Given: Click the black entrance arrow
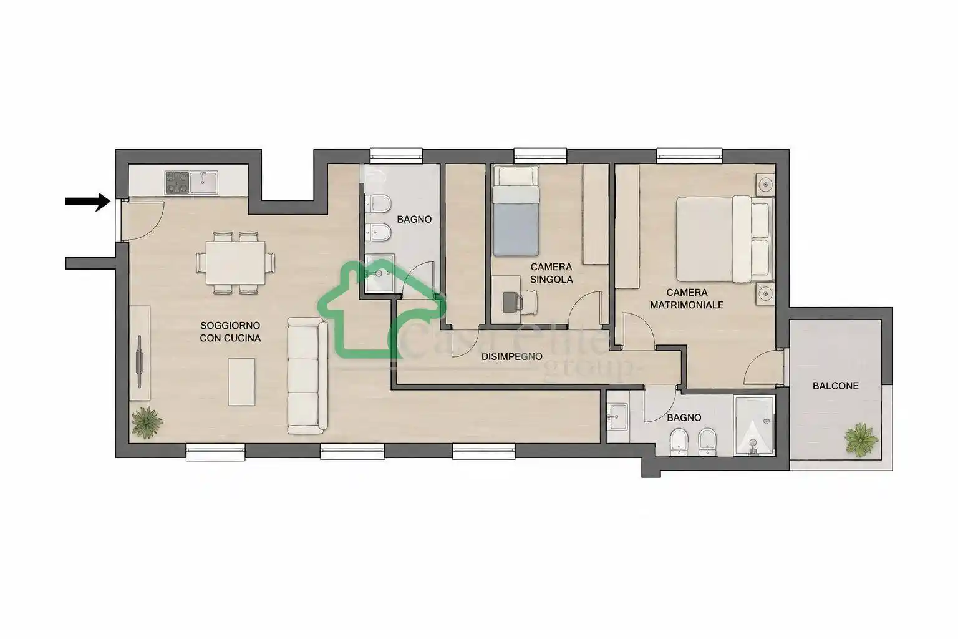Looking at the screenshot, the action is tap(88, 202).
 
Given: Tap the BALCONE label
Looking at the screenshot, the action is tap(835, 386).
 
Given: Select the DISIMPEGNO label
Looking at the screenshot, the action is tap(512, 356).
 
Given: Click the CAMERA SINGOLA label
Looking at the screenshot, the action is tap(551, 273).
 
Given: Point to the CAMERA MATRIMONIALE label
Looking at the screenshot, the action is tap(687, 299).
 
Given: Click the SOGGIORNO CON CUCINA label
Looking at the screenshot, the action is tap(230, 332).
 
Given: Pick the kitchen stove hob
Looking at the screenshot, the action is tap(177, 182).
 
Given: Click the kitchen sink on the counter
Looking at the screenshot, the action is tap(203, 182).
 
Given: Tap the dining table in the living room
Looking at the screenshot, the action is tap(235, 262).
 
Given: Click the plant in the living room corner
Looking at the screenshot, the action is tap(147, 422).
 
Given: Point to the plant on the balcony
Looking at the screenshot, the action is tap(861, 439).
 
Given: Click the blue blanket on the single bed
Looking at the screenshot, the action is tap(516, 229).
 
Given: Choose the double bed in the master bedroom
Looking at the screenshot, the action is tap(725, 239).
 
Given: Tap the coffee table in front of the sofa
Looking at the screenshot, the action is tap(241, 382).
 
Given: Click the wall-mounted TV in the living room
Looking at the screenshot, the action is tap(140, 362).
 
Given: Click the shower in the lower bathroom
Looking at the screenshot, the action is tap(755, 426).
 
